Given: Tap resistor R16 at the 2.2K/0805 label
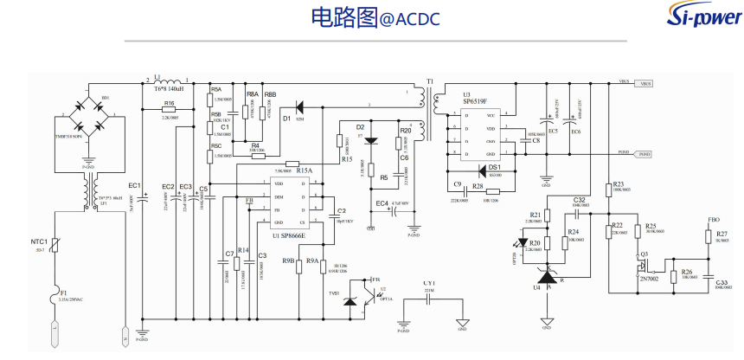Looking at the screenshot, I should pos(169,111).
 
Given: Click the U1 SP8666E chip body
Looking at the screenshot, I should pos(297,202).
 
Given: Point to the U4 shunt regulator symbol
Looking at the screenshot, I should pos(546,279).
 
